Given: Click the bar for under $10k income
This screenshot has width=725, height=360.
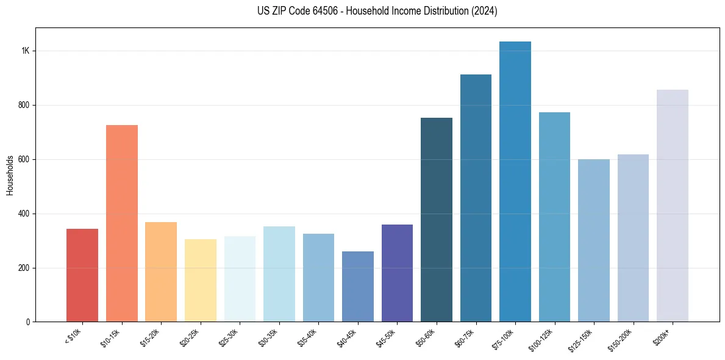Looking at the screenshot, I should (x=82, y=275).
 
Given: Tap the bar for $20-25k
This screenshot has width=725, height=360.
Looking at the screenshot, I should (x=201, y=280).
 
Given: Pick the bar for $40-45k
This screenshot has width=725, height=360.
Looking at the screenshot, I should (x=358, y=286).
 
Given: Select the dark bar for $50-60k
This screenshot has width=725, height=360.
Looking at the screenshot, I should (x=437, y=220).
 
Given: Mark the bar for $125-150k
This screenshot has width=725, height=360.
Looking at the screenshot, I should (x=594, y=240).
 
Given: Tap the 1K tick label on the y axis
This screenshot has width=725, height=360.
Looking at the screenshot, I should (x=25, y=51).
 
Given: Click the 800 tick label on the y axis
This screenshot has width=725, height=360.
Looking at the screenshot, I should (x=23, y=105).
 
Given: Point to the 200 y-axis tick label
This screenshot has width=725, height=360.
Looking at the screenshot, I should (x=23, y=268).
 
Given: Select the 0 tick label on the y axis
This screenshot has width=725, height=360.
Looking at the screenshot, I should (x=27, y=322).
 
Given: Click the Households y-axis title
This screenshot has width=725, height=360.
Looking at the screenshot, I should (x=10, y=175).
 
